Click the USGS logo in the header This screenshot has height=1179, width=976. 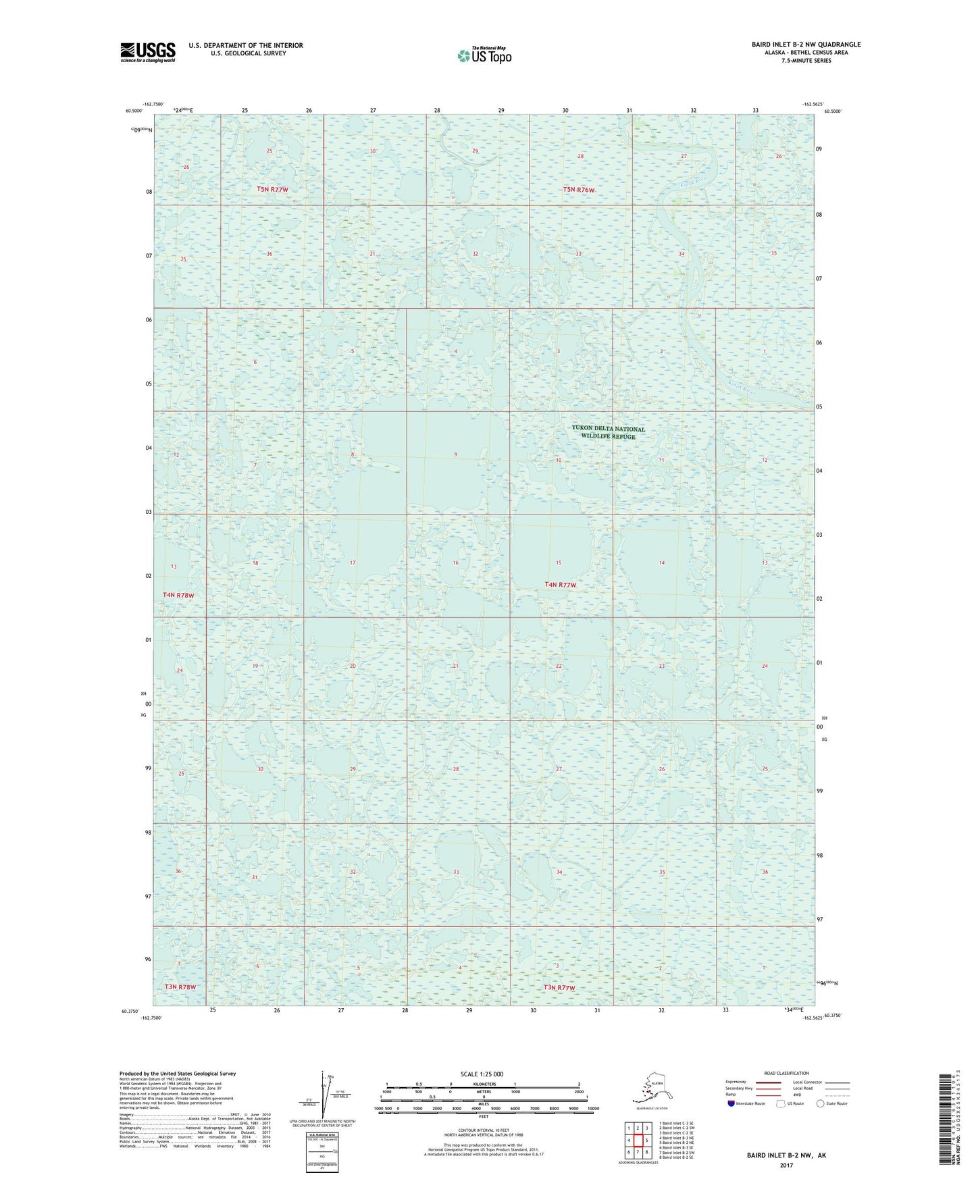coord(148,51)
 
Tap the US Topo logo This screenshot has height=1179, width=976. coord(484,55)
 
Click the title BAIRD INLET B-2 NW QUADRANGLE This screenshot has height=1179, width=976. coord(806,45)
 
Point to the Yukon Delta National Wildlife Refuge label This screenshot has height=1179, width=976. coord(608,432)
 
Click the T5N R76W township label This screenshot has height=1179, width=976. coord(579,190)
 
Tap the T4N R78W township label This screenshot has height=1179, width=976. coord(178,595)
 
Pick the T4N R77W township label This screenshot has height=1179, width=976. coord(561,585)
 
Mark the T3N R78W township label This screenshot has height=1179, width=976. coord(180,987)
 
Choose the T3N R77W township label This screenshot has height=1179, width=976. coord(559,988)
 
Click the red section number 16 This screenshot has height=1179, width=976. coord(456,562)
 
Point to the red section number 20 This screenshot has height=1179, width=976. coord(353,666)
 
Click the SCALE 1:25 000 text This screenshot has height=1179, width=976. coord(482,1074)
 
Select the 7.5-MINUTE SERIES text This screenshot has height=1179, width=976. coord(806,61)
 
